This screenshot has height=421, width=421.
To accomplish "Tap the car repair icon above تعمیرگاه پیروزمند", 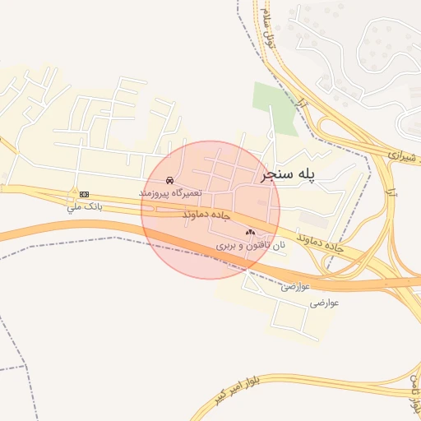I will (x=169, y=179).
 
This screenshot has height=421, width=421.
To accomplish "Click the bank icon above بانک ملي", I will (x=84, y=193).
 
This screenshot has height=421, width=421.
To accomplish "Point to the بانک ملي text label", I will (x=86, y=206).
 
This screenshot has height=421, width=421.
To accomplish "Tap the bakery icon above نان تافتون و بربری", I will (x=250, y=233).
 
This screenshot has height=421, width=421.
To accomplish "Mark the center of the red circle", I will (x=210, y=210).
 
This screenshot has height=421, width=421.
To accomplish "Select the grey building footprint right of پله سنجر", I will (x=312, y=219).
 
